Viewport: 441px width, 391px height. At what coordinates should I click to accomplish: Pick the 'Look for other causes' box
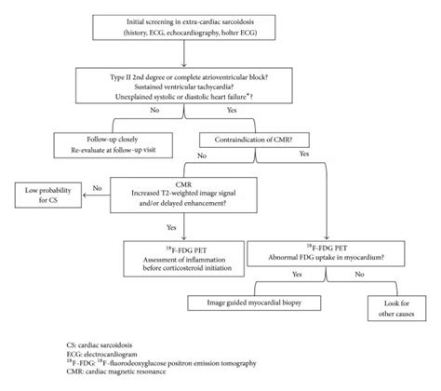click(x=391, y=306)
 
